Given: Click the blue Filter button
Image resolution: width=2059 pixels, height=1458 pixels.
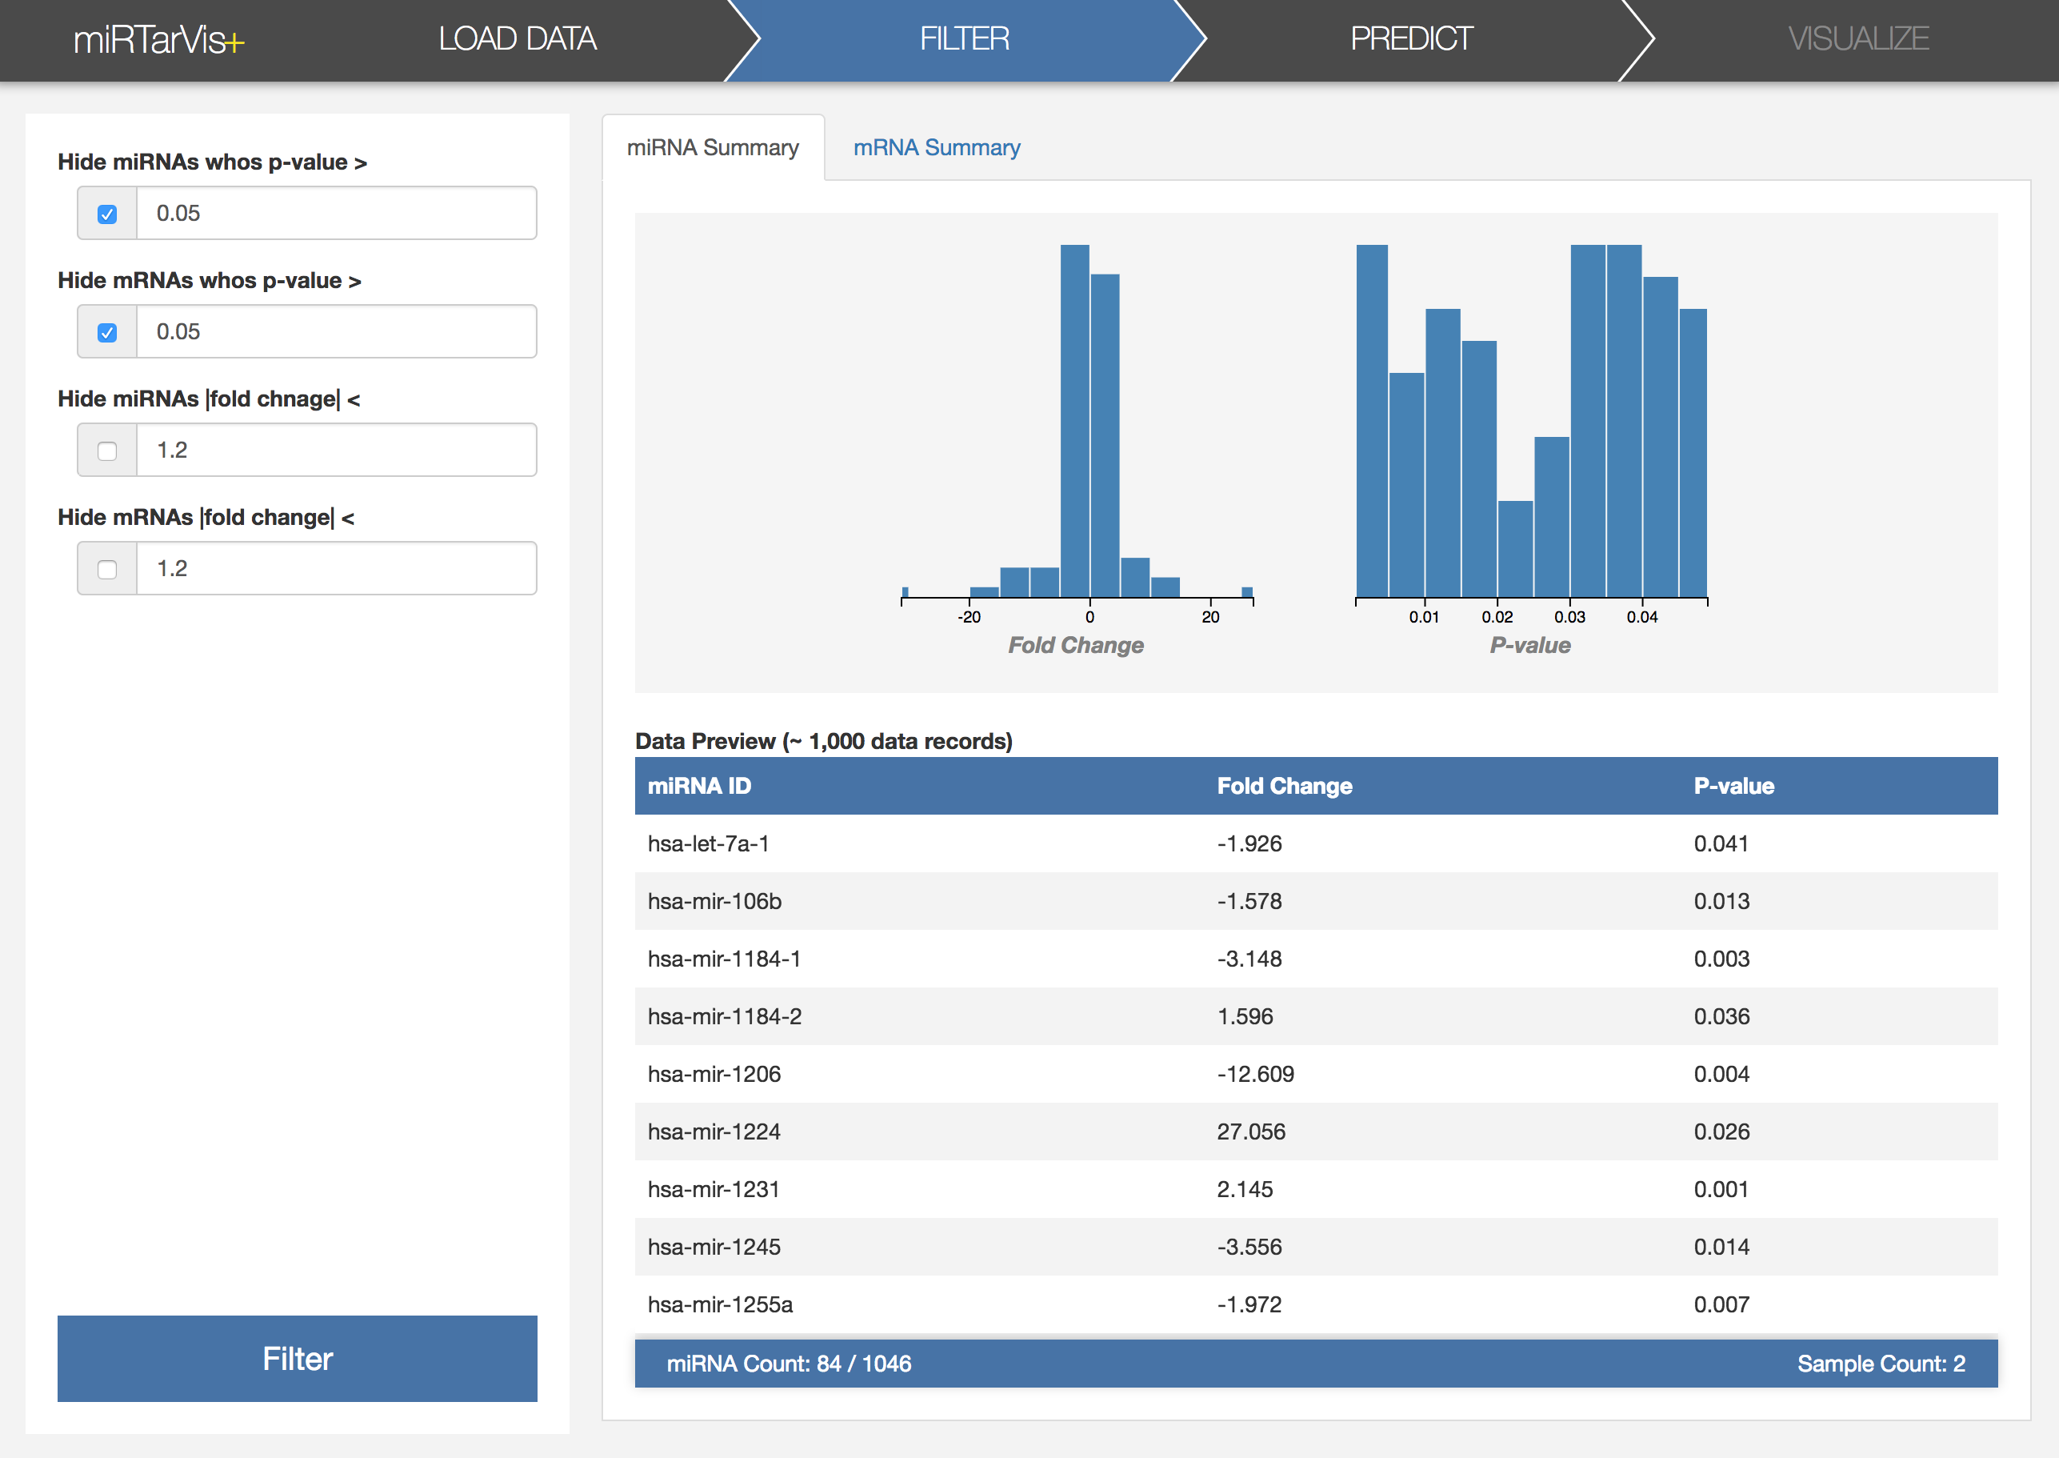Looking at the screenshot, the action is tap(297, 1358).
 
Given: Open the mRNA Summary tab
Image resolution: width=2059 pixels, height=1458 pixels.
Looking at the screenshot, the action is tap(936, 147).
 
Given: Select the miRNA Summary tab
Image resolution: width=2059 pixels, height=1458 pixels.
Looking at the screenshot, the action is tap(713, 147).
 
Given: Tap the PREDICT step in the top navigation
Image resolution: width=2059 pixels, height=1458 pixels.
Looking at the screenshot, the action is tap(1411, 38).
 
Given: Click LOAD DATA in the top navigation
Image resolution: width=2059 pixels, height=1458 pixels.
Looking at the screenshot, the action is tap(517, 38).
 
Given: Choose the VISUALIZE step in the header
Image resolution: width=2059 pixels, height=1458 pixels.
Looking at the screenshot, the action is tap(1858, 38).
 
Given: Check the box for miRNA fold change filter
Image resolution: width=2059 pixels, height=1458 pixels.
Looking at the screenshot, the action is tap(107, 451).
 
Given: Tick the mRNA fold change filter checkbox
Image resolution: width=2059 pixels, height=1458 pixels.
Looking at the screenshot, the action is tap(107, 569).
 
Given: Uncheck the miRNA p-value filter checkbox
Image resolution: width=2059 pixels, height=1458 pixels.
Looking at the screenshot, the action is tap(107, 214).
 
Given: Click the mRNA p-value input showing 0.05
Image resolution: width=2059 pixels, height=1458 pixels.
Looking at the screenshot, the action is tap(337, 331).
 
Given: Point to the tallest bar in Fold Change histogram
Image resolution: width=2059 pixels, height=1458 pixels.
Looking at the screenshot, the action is tap(1074, 421).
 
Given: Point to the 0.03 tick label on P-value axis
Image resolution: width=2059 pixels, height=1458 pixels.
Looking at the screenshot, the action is tap(1569, 617).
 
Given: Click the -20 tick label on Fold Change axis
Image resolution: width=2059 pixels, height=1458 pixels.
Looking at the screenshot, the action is tap(969, 617).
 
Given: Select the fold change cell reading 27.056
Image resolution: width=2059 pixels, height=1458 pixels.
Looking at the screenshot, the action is tap(1251, 1132).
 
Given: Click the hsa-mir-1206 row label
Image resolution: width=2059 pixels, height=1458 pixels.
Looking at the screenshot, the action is tap(714, 1074).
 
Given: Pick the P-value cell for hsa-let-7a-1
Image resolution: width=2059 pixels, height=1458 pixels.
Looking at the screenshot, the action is tap(1721, 843).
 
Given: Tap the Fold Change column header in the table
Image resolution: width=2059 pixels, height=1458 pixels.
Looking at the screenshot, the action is tap(1285, 786).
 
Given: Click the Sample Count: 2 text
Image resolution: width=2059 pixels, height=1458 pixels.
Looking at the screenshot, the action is tap(1881, 1364).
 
